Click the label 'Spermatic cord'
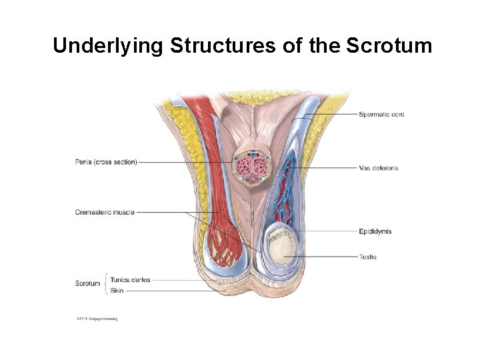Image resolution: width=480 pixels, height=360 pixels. (x=381, y=115)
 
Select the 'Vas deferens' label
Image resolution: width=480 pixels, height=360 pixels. (x=378, y=168)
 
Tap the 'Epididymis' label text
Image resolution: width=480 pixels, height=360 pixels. (x=375, y=231)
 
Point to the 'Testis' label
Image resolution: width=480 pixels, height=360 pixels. (x=367, y=257)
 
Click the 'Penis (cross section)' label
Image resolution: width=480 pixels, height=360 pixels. (x=106, y=161)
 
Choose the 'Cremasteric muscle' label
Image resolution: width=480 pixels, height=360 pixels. (x=105, y=213)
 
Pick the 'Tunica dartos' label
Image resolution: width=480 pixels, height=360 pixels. (x=130, y=280)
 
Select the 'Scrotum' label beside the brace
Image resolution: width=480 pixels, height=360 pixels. (x=87, y=284)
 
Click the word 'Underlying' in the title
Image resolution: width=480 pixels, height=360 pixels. (x=107, y=46)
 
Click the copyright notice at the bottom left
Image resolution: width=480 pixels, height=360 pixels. (x=97, y=319)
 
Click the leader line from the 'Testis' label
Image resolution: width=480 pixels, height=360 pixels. (x=327, y=257)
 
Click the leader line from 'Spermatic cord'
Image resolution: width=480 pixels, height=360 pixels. (x=333, y=115)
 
